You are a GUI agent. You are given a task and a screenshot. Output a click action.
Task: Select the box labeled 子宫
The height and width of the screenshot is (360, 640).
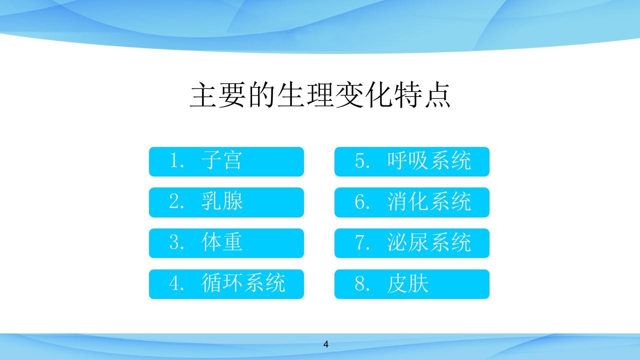coord(226,161)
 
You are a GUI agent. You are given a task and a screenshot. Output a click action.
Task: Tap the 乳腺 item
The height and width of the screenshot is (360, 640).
coord(226,202)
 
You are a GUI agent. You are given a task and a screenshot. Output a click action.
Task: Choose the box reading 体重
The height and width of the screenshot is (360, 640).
coord(226,243)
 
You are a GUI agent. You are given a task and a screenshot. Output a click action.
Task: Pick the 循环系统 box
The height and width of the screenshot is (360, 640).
coord(226,284)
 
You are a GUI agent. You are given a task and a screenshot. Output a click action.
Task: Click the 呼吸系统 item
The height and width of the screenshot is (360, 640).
coord(411,161)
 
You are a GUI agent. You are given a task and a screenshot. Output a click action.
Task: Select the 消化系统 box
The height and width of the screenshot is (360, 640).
coord(411,202)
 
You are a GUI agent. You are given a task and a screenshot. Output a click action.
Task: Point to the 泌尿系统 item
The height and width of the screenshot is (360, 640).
coord(411,243)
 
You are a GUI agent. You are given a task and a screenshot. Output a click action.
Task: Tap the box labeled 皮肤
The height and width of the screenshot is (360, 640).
coord(411,284)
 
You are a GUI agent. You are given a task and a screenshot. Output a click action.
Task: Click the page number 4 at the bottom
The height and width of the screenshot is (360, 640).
coord(326,344)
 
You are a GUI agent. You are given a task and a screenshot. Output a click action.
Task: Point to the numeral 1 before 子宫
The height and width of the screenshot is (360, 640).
coord(174,161)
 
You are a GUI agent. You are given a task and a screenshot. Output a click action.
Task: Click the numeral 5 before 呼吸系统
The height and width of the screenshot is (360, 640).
coord(360,161)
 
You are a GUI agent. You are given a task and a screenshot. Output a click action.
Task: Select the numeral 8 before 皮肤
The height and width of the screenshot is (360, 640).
coord(360,284)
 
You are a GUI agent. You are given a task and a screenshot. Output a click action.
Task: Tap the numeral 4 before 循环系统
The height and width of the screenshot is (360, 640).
coord(174,284)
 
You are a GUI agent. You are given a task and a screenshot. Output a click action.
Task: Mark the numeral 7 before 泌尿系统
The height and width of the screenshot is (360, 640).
coord(360,243)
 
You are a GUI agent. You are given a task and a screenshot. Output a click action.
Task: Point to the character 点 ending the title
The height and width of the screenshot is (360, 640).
coord(436,94)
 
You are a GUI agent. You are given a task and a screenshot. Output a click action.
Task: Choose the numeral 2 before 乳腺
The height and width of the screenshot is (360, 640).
coord(174,202)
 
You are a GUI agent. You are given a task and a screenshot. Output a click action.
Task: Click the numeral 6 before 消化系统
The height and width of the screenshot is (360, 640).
coord(360,202)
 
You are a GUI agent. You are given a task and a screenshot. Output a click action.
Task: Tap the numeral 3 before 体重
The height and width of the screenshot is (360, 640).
coord(174,243)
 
